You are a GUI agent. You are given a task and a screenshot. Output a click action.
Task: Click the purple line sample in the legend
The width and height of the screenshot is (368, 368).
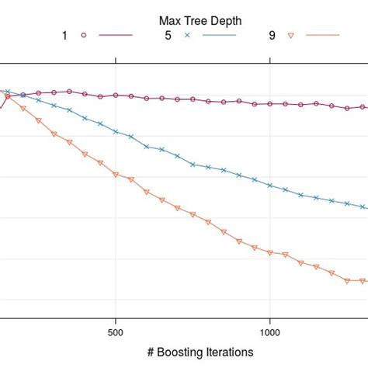[116, 36]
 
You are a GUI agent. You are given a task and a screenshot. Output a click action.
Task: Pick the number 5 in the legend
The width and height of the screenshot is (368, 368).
[166, 36]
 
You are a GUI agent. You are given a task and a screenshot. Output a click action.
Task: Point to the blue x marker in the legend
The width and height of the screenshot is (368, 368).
[186, 36]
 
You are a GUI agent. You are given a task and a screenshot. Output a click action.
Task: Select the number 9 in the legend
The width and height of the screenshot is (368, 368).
[270, 36]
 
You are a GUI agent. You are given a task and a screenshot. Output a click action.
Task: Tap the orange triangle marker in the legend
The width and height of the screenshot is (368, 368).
[290, 36]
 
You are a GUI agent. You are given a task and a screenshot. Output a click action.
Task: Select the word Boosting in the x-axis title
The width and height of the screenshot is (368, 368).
[177, 351]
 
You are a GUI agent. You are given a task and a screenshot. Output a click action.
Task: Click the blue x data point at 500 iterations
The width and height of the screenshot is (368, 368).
[116, 132]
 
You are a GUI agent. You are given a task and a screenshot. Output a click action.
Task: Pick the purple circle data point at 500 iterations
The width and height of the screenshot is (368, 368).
[116, 95]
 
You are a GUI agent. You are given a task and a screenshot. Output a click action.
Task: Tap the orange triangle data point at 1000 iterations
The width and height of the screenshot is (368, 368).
[269, 252]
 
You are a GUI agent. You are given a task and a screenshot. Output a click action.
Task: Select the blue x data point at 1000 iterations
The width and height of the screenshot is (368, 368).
[269, 186]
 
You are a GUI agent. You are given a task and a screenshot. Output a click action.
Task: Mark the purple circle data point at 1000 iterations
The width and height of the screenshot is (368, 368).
[269, 104]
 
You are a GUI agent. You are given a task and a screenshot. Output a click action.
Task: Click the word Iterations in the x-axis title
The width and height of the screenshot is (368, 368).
[227, 351]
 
